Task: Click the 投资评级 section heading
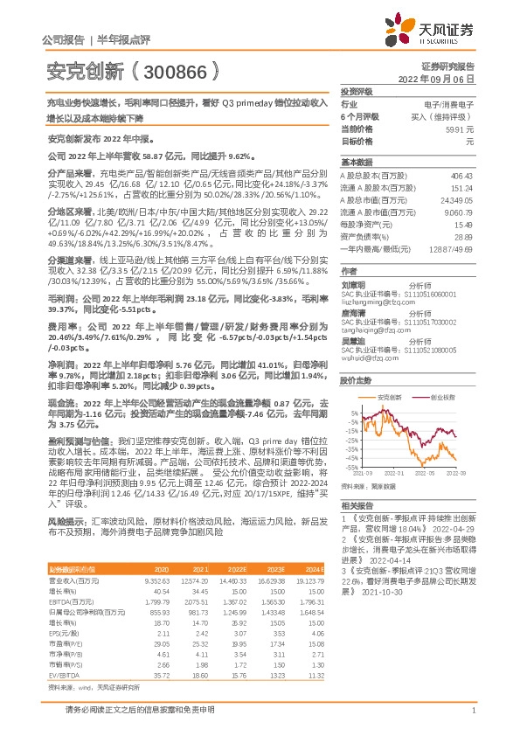(x=357, y=91)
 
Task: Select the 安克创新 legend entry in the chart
(x=388, y=371)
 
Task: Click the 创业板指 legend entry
(x=442, y=371)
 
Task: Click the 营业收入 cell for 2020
(x=157, y=580)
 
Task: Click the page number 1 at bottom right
(x=472, y=719)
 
